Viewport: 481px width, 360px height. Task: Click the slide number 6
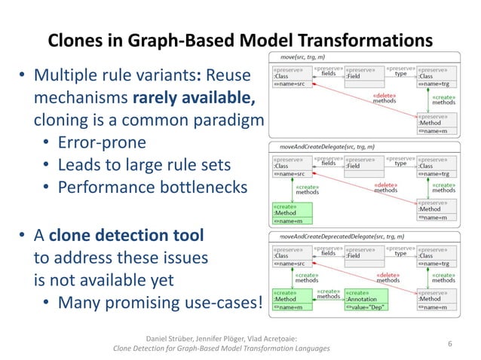[449, 343]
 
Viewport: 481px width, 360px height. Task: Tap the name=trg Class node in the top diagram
[437, 79]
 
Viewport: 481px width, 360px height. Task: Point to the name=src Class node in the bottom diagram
[290, 258]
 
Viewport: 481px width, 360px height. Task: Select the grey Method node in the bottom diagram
[437, 301]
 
